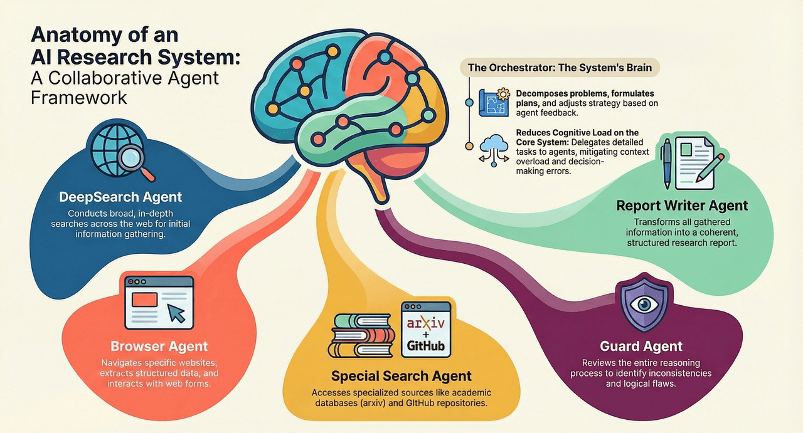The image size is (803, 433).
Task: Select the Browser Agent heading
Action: coord(159,346)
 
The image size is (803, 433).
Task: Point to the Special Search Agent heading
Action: coord(401,376)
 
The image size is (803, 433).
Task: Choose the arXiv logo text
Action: coord(427,324)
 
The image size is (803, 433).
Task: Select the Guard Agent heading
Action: coord(641,346)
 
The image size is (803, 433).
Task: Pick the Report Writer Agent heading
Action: coord(682,205)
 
